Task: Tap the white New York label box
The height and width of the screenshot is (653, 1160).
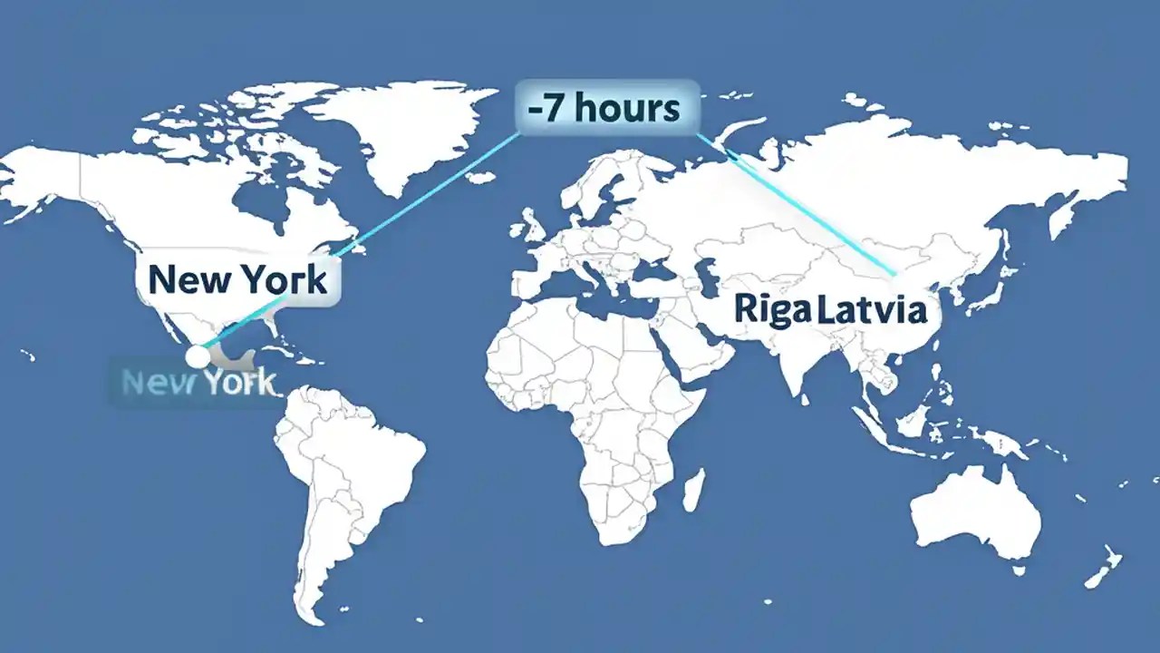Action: click(x=237, y=279)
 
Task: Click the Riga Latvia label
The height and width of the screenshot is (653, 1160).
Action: click(x=830, y=310)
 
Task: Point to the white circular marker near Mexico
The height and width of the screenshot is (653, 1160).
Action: click(x=197, y=356)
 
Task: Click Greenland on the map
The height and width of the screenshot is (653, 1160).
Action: click(x=399, y=127)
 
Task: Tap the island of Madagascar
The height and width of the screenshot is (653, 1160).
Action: click(x=692, y=490)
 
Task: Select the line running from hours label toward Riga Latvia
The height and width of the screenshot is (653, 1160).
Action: click(x=807, y=209)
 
